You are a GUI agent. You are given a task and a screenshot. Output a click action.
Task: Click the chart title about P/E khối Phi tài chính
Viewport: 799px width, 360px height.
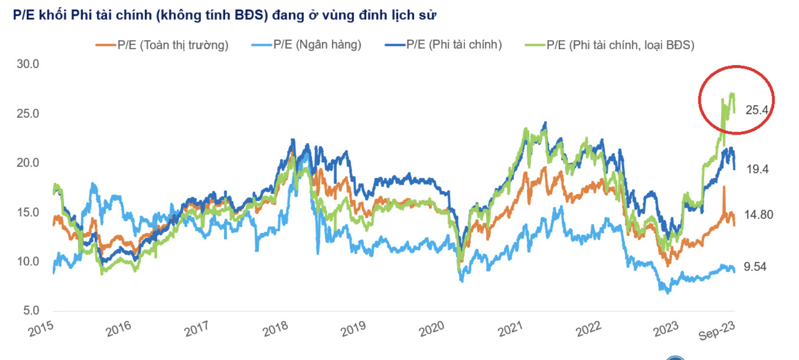[x=224, y=15]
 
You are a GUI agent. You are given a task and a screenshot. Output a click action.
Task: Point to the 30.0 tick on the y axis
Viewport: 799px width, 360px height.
[x=28, y=64]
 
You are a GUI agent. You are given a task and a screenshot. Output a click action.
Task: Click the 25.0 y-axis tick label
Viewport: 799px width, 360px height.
[x=28, y=113]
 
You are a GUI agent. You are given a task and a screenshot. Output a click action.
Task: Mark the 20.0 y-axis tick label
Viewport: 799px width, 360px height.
[x=28, y=163]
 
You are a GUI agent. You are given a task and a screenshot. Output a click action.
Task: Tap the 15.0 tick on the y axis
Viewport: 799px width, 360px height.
[x=28, y=212]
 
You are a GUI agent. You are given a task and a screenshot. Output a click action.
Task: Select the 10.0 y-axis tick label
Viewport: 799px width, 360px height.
[x=28, y=261]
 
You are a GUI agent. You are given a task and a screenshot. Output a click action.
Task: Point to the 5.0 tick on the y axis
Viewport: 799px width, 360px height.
[x=31, y=311]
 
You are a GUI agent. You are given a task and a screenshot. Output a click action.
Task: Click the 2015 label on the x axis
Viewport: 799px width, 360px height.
[x=41, y=329]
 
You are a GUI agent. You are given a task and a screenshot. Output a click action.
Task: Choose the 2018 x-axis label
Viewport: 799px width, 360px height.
[x=275, y=329]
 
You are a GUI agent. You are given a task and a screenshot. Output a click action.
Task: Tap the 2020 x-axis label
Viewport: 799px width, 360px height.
[x=432, y=329]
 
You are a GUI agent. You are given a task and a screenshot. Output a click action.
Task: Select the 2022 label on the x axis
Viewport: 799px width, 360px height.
[x=588, y=329]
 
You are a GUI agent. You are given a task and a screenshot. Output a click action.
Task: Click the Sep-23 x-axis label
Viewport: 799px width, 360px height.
[x=716, y=331]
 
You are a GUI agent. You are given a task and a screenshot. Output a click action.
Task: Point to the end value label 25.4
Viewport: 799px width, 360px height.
[x=757, y=110]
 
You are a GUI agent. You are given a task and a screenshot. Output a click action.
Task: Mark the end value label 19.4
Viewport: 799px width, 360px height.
[x=757, y=169]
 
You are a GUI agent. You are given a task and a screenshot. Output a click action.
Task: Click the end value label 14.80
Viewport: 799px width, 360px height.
[x=759, y=214]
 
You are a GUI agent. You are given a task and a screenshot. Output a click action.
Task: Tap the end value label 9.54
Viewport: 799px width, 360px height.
[x=755, y=267]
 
